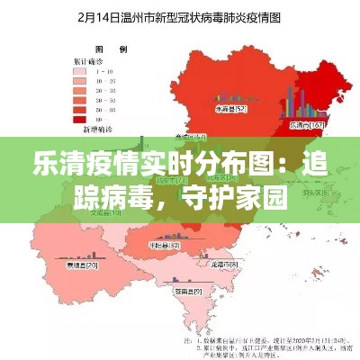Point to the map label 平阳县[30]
click(x=163, y=245)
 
